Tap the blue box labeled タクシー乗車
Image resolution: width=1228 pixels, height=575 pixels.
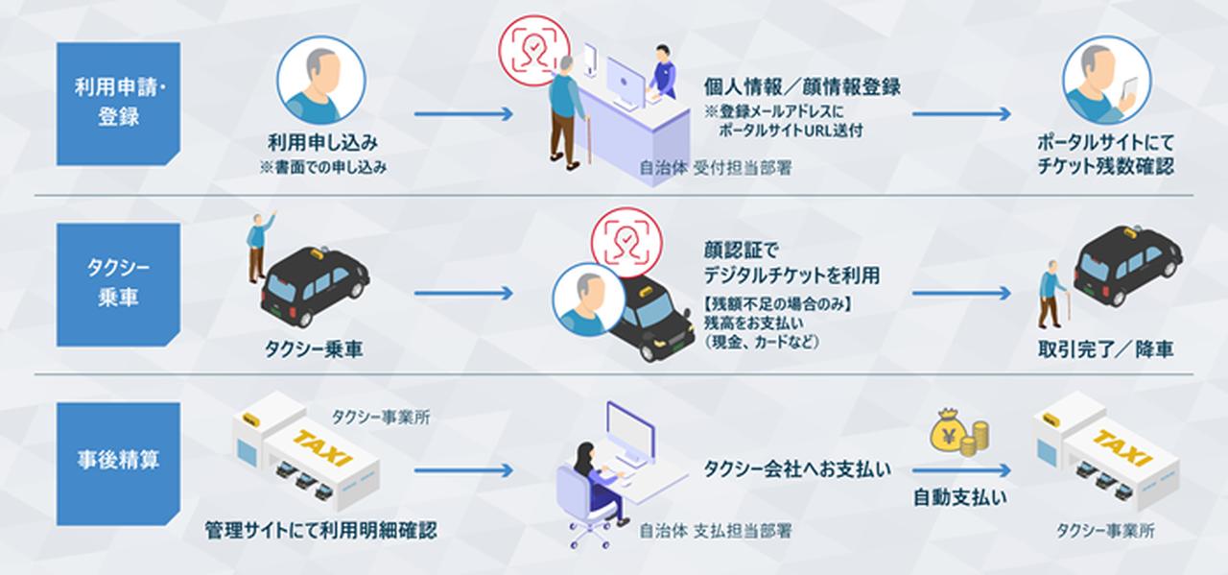click(x=119, y=284)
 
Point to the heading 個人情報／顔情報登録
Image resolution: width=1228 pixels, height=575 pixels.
click(x=802, y=88)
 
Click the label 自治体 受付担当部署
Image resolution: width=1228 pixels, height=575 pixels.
click(x=716, y=167)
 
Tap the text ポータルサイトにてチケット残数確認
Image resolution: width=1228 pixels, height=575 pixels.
click(x=1105, y=154)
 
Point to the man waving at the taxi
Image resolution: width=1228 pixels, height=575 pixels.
click(x=256, y=245)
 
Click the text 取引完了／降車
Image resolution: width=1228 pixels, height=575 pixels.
click(x=1106, y=347)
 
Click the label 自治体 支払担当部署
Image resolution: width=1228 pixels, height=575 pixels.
click(x=716, y=530)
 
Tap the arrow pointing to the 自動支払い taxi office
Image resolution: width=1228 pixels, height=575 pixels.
click(x=961, y=470)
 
